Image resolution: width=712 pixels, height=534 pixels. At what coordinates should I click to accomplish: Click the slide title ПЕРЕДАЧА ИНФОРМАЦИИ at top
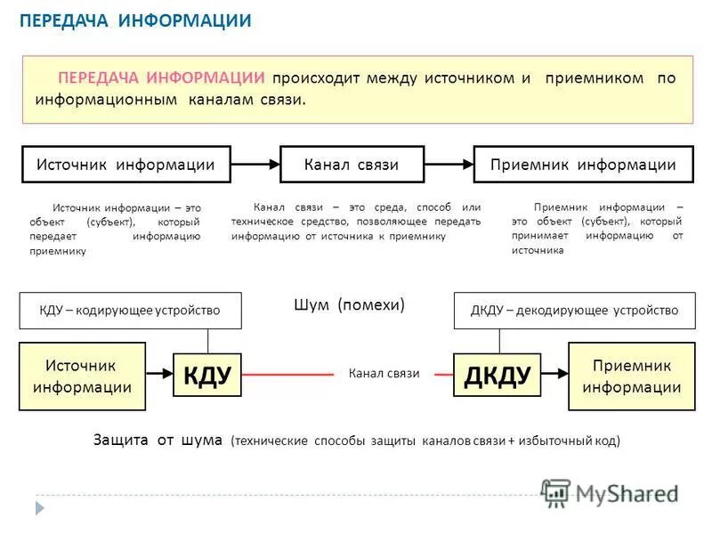click(x=136, y=20)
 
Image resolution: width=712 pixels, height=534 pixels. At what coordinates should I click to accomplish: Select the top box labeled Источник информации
click(x=125, y=165)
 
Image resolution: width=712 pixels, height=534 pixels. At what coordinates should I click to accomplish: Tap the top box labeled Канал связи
click(x=351, y=165)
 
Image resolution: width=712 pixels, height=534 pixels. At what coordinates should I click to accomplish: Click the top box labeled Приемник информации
click(x=582, y=165)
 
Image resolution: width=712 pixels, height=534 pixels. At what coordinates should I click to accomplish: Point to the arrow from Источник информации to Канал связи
click(x=255, y=165)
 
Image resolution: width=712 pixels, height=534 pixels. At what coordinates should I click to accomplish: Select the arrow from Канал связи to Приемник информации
click(x=447, y=165)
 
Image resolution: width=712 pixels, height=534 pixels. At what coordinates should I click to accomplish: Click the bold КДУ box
click(x=207, y=376)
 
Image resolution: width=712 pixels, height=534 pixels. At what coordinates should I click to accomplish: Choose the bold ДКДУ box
click(x=498, y=376)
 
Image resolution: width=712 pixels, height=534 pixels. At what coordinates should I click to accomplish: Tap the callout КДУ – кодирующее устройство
click(x=130, y=311)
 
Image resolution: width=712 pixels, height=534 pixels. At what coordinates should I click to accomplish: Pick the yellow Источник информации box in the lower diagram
click(x=82, y=376)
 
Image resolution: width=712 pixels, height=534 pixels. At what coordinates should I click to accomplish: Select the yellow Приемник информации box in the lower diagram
click(x=631, y=376)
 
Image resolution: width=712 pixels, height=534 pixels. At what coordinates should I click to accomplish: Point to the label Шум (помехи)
click(x=349, y=304)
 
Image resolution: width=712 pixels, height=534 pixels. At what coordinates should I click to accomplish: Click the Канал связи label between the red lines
click(x=384, y=375)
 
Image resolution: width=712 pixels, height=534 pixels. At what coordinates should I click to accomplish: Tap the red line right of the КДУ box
click(x=285, y=375)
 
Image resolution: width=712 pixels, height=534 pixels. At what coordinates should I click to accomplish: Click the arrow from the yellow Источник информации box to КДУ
click(x=160, y=375)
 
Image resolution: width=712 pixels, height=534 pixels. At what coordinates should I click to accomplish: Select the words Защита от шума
click(x=158, y=440)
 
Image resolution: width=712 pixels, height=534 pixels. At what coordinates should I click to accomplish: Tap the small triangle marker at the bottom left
click(x=39, y=507)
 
